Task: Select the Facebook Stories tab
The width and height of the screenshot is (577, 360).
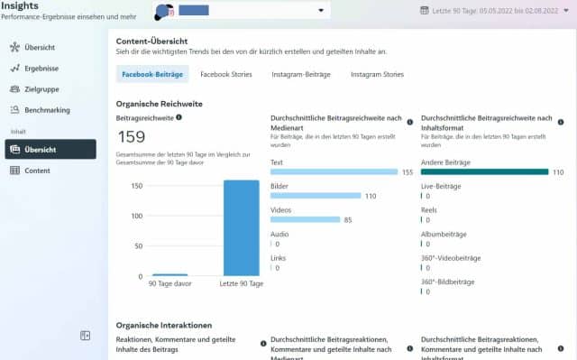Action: (227, 75)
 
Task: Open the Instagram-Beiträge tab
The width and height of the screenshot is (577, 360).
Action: (299, 75)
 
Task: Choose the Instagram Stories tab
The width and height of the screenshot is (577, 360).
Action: (377, 75)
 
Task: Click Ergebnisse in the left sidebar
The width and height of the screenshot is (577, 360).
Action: (43, 68)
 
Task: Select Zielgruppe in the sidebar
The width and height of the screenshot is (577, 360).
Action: (42, 89)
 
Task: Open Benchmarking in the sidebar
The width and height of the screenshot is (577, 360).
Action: (47, 110)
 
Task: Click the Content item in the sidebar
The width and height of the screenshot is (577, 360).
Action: (37, 171)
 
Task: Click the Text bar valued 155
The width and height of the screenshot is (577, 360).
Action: (334, 171)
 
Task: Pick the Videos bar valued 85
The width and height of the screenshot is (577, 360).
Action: (305, 219)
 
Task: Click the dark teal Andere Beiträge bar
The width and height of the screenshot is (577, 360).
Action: (484, 171)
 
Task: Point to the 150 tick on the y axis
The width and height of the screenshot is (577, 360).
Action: (138, 186)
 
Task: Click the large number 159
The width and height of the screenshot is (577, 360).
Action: (132, 137)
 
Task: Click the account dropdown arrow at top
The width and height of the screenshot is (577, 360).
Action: (322, 11)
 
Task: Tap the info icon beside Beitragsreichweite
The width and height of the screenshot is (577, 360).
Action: (179, 117)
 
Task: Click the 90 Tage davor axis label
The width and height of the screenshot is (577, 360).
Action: (169, 284)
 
